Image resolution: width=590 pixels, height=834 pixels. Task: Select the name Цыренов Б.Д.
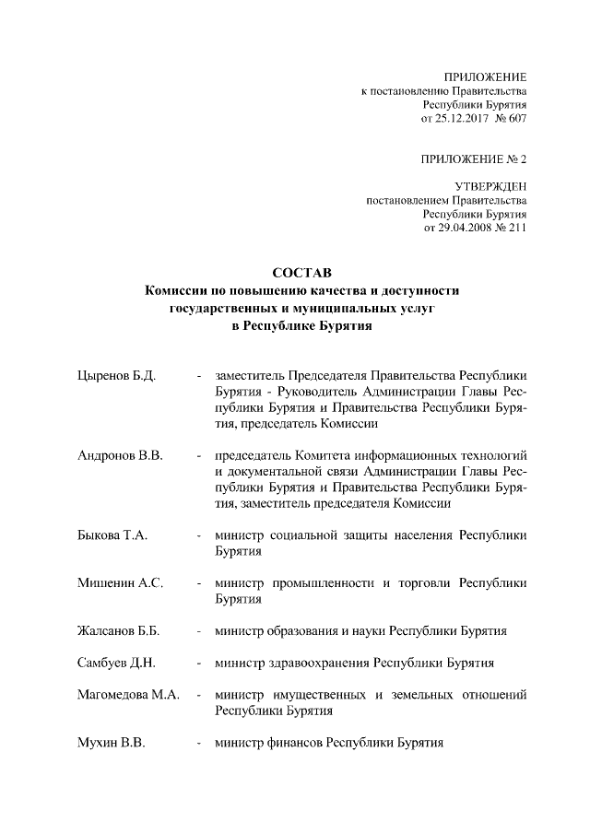[115, 376]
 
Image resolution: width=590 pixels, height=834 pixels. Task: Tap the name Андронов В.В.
[120, 456]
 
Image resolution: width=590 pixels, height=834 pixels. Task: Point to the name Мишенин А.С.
[120, 583]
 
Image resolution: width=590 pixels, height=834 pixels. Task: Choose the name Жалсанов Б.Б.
[119, 631]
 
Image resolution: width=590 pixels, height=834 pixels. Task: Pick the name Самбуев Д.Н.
[116, 663]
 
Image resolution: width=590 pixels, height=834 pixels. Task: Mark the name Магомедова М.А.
[127, 695]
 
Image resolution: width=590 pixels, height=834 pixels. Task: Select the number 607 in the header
[517, 119]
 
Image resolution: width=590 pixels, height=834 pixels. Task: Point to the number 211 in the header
[517, 229]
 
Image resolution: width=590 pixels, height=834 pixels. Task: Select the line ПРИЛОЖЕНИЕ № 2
[474, 159]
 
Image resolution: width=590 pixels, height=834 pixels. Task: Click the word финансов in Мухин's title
[297, 743]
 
